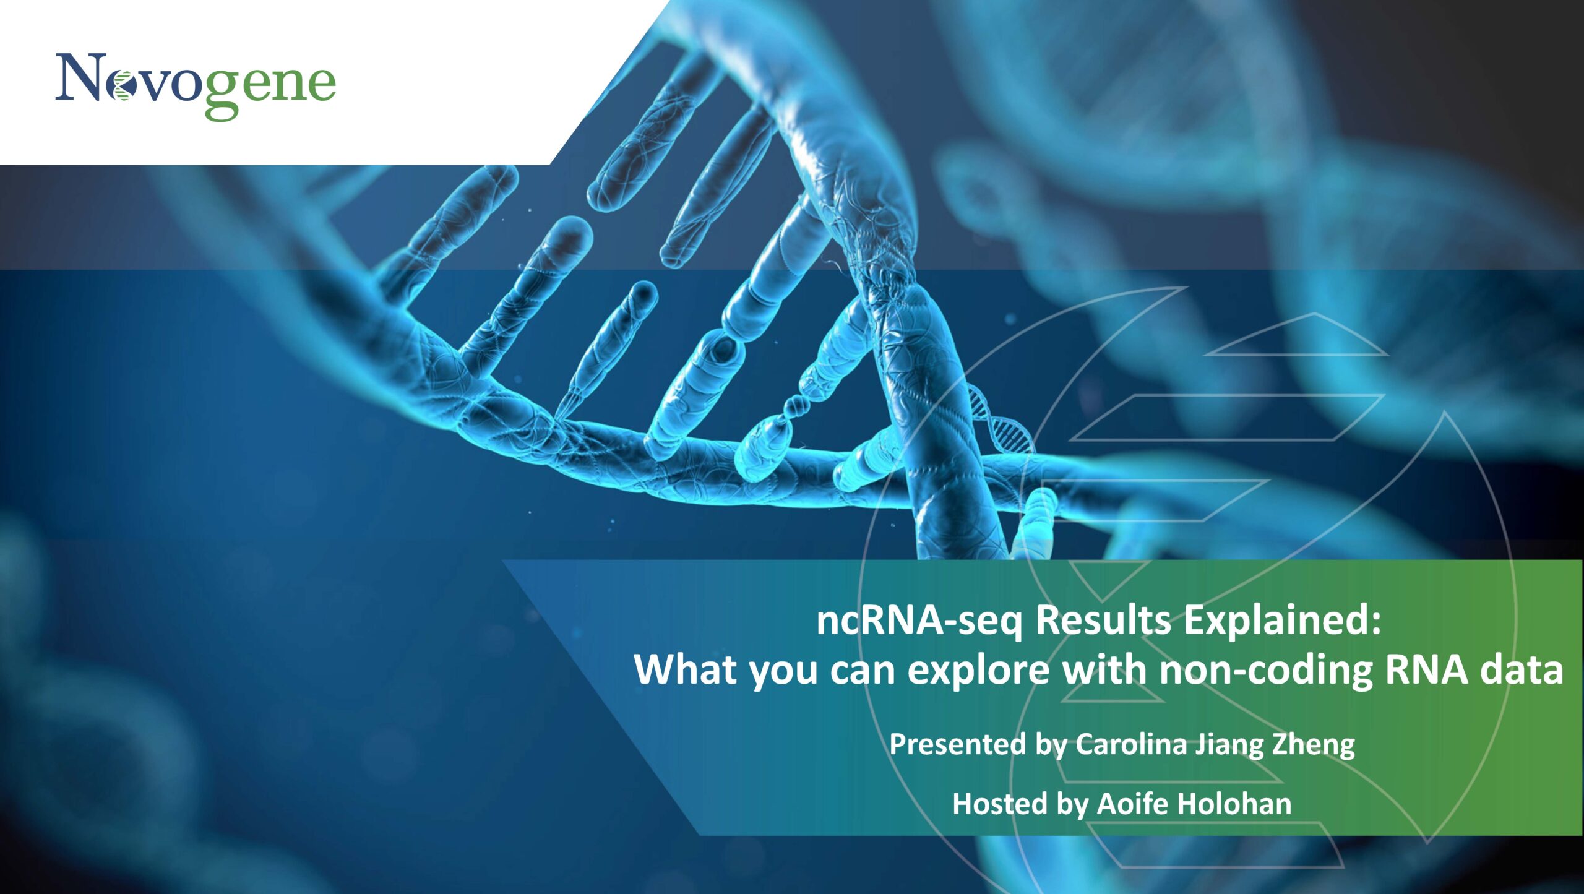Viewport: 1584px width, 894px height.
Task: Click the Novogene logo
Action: point(196,86)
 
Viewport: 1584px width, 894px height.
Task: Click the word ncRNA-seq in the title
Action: point(919,621)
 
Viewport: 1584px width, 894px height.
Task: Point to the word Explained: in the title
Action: point(1282,621)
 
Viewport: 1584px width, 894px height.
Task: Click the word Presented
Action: point(957,744)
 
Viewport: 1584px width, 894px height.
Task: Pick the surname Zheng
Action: point(1313,745)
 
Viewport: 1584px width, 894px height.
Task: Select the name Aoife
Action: point(1132,803)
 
